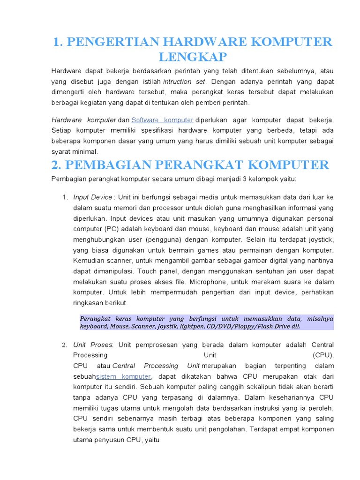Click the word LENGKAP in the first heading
(x=193, y=57)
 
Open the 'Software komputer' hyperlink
(x=162, y=120)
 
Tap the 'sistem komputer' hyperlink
(x=123, y=376)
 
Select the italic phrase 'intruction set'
(x=184, y=81)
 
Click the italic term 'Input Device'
(x=92, y=197)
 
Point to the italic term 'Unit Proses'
(x=92, y=345)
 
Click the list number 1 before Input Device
(x=65, y=197)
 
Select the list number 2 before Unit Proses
(x=65, y=345)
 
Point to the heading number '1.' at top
(x=58, y=42)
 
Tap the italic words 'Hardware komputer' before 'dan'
(x=83, y=120)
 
